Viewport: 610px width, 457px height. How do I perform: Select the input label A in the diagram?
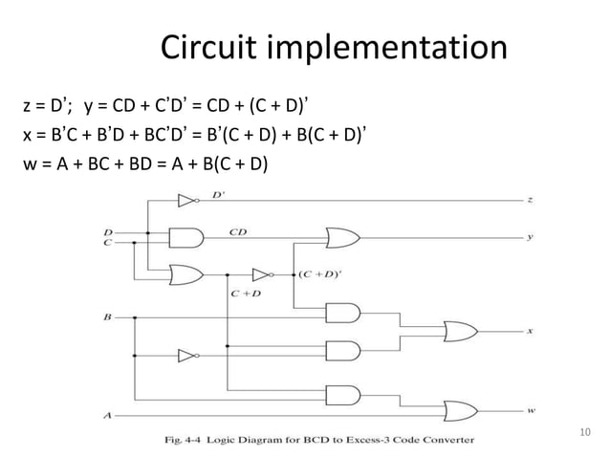point(106,414)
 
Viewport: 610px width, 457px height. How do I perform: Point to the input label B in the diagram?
point(106,313)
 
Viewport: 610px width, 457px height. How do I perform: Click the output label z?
point(531,201)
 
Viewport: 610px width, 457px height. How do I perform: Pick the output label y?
point(531,237)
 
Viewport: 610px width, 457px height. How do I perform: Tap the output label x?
point(531,332)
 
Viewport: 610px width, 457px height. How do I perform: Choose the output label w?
point(531,411)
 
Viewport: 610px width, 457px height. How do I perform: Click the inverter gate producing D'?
point(185,201)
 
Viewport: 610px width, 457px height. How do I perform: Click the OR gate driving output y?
point(343,237)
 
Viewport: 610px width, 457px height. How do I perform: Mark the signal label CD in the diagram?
point(239,230)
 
